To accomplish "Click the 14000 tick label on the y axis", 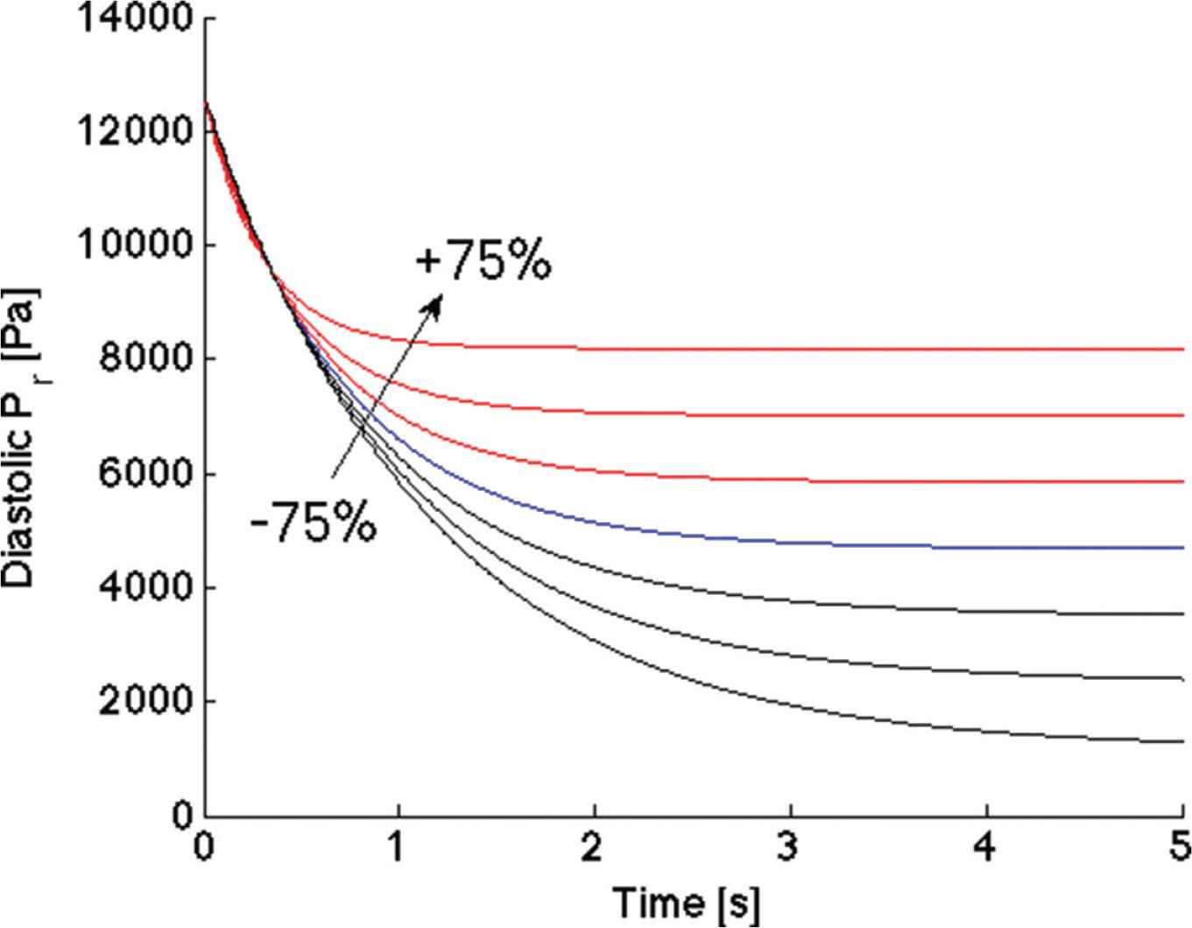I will click(x=135, y=18).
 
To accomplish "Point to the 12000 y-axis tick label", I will click(x=135, y=131).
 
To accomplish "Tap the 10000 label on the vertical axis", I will click(x=135, y=245).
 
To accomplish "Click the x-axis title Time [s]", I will click(x=686, y=903).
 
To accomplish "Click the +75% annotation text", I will click(x=483, y=260).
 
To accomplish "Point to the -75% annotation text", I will click(x=313, y=524).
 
